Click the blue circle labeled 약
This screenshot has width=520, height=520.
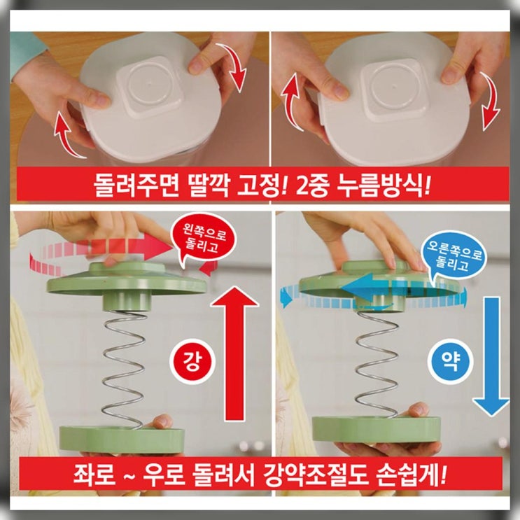coord(451,362)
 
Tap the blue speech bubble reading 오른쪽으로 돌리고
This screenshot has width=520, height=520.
coord(454,255)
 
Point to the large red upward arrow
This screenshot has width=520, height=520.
coord(234,353)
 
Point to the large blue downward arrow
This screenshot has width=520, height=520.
coord(491,356)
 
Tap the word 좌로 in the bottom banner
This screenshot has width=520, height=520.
coord(94,475)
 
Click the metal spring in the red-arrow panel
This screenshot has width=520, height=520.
coord(125,370)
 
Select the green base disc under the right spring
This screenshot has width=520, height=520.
coord(377,430)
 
